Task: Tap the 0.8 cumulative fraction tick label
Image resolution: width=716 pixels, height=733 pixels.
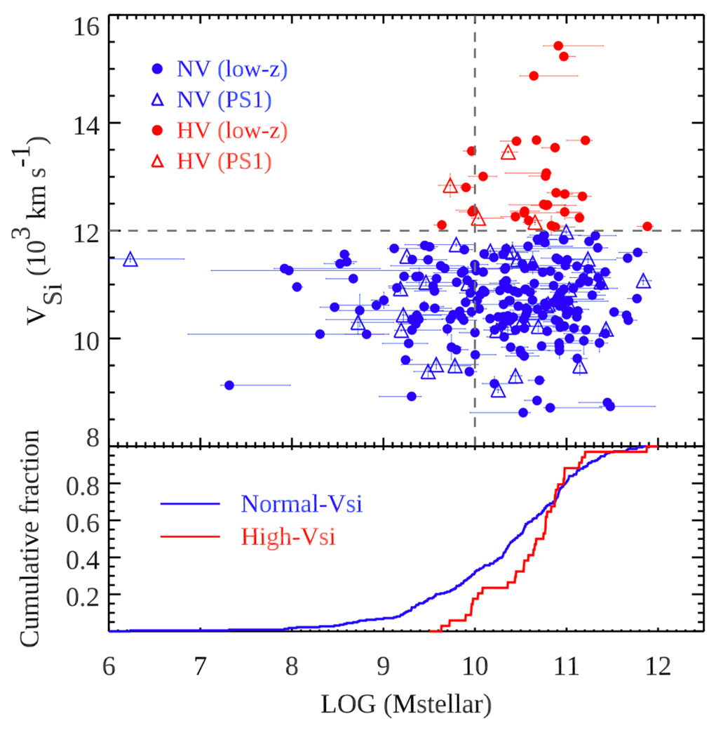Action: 82,484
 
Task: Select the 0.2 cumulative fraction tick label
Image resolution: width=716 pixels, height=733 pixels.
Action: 82,595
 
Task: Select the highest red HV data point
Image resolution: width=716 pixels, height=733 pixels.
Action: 558,46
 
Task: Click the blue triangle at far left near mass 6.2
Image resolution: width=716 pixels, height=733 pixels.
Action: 130,259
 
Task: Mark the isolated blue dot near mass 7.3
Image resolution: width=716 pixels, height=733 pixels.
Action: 229,385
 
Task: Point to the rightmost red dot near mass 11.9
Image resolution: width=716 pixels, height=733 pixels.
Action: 647,226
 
